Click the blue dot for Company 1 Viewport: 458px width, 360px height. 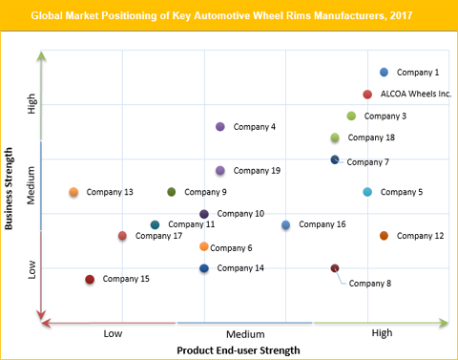pyautogui.click(x=384, y=73)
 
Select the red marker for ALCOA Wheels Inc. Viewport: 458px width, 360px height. pyautogui.click(x=367, y=94)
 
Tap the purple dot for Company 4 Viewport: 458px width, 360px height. pyautogui.click(x=220, y=127)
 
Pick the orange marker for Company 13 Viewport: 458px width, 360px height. pyautogui.click(x=73, y=192)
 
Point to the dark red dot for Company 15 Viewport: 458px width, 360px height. pyautogui.click(x=90, y=280)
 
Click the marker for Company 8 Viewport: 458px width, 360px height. pyautogui.click(x=335, y=268)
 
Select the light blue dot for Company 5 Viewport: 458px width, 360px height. pyautogui.click(x=367, y=192)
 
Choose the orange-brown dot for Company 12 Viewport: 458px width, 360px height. pyautogui.click(x=384, y=236)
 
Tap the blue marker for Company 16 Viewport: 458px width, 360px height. pyautogui.click(x=286, y=225)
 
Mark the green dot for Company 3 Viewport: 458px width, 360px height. pyautogui.click(x=351, y=116)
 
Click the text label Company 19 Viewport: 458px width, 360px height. pyautogui.click(x=257, y=171)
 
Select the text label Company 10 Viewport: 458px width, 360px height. pyautogui.click(x=240, y=214)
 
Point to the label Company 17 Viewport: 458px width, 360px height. pyautogui.click(x=158, y=236)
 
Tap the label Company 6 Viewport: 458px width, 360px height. pyautogui.click(x=231, y=248)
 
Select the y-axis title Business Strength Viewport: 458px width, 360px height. pyautogui.click(x=9, y=188)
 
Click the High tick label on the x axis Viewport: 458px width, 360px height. pyautogui.click(x=382, y=333)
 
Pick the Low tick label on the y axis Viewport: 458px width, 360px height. pyautogui.click(x=31, y=271)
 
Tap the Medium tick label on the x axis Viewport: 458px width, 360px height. pyautogui.click(x=245, y=334)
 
